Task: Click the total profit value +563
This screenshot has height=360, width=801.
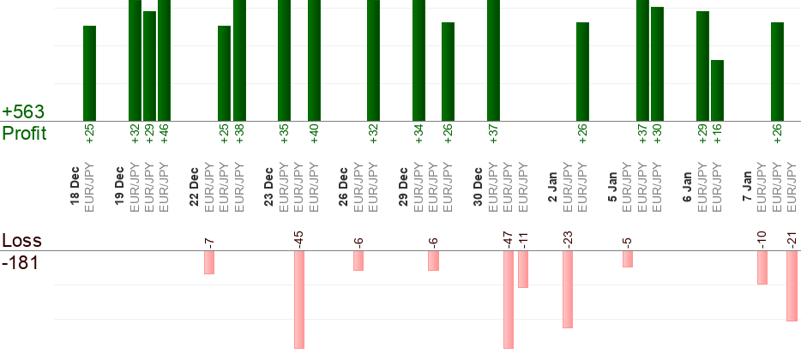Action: pyautogui.click(x=23, y=112)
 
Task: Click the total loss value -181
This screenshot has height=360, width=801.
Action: pyautogui.click(x=21, y=262)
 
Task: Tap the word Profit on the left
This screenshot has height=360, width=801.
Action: pyautogui.click(x=24, y=134)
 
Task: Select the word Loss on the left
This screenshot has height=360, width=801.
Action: pyautogui.click(x=22, y=240)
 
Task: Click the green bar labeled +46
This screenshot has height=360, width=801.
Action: pyautogui.click(x=164, y=60)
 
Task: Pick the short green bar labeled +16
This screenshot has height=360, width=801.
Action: pyautogui.click(x=717, y=90)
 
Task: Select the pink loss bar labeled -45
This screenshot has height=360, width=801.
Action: pyautogui.click(x=299, y=299)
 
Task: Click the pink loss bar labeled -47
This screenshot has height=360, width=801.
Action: pyautogui.click(x=509, y=299)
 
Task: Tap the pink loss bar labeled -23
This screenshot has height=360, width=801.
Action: pyautogui.click(x=567, y=289)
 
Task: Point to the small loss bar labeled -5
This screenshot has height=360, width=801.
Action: pyautogui.click(x=628, y=259)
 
